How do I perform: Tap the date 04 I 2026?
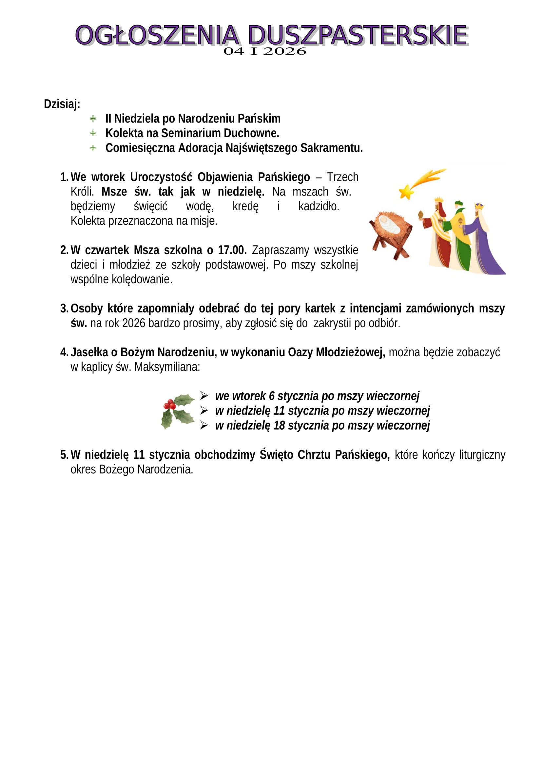point(265,51)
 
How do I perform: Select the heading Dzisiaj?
point(62,104)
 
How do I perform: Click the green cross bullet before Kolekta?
point(93,133)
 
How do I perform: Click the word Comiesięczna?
point(140,148)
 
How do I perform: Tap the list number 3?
point(64,308)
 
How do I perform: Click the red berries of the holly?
point(169,405)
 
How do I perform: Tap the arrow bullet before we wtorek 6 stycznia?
point(204,396)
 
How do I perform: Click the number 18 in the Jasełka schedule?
point(279,425)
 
